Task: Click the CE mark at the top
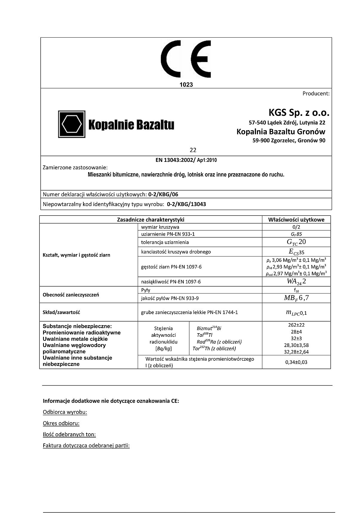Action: pyautogui.click(x=186, y=59)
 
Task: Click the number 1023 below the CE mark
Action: pyautogui.click(x=186, y=85)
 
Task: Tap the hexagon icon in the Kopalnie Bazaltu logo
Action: pyautogui.click(x=72, y=124)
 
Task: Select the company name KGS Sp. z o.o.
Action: pyautogui.click(x=299, y=113)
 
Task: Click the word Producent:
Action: pyautogui.click(x=316, y=93)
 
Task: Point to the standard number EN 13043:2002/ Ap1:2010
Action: pyautogui.click(x=186, y=160)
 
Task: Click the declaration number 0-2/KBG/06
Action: pyautogui.click(x=163, y=194)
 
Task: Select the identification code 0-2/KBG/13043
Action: pyautogui.click(x=186, y=204)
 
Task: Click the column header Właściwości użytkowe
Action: pyautogui.click(x=296, y=220)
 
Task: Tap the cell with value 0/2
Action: pyautogui.click(x=296, y=227)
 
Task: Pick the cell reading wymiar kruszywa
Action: pyautogui.click(x=160, y=227)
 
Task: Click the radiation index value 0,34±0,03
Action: pyautogui.click(x=296, y=362)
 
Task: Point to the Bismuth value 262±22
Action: pyautogui.click(x=296, y=325)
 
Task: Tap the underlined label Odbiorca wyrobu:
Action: pyautogui.click(x=65, y=412)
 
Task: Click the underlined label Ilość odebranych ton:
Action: pyautogui.click(x=69, y=434)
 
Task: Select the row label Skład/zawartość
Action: pyautogui.click(x=61, y=312)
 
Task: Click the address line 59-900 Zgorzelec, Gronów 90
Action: pyautogui.click(x=289, y=140)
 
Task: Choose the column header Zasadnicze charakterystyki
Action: pyautogui.click(x=151, y=220)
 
